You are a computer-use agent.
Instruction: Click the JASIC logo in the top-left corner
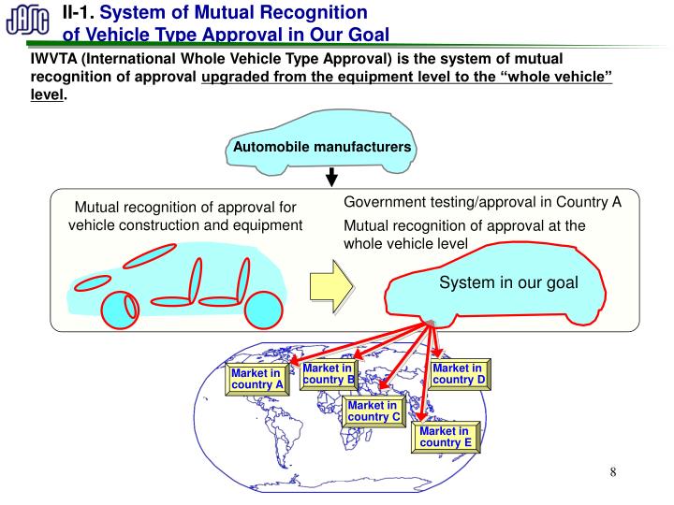pyautogui.click(x=29, y=22)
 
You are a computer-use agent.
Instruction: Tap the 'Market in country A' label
pyautogui.click(x=256, y=379)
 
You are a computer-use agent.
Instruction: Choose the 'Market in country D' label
pyautogui.click(x=459, y=374)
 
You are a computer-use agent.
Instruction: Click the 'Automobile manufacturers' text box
pyautogui.click(x=321, y=149)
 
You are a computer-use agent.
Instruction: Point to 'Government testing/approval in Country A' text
pyautogui.click(x=482, y=203)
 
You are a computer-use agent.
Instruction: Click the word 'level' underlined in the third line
pyautogui.click(x=48, y=95)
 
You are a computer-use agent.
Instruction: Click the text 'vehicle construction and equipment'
pyautogui.click(x=185, y=225)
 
